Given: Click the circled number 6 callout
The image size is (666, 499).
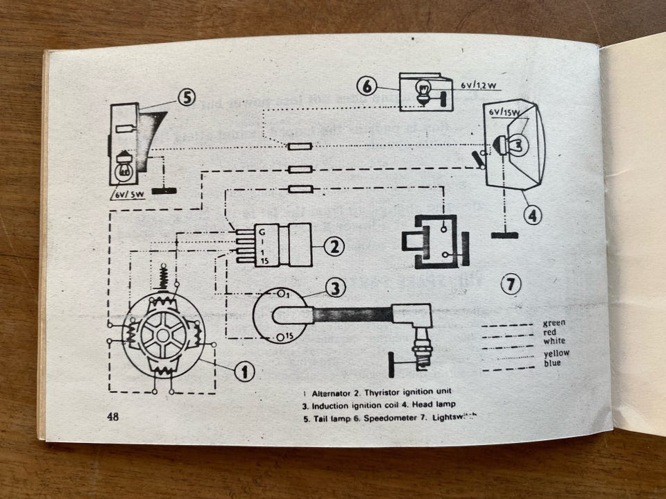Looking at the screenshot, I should click(368, 87).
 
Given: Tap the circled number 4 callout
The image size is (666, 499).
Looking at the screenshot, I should click(531, 216).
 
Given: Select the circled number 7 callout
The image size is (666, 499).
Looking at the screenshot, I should click(511, 284).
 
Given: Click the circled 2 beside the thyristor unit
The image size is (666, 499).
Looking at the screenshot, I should click(334, 245).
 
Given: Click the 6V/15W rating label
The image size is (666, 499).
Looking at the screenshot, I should click(504, 112).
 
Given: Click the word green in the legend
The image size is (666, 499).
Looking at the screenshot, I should click(554, 323).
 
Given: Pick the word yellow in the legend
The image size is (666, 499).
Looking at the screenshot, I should click(556, 353).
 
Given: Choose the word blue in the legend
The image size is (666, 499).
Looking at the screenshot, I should click(553, 362).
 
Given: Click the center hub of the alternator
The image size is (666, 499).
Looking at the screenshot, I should click(163, 335).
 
